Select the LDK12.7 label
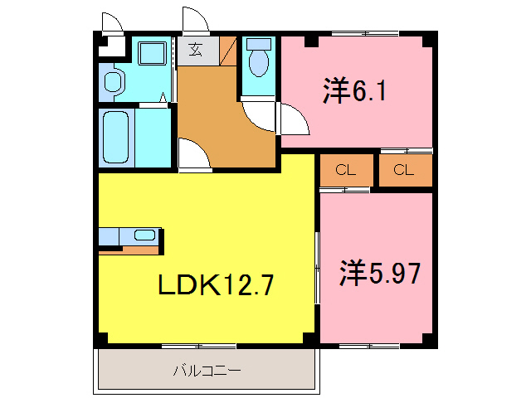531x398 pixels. [216, 286]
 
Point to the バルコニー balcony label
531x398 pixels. [207, 370]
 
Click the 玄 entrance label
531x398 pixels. [195, 49]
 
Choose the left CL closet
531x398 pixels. [346, 171]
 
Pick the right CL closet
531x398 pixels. [405, 171]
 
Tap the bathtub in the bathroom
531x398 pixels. [116, 137]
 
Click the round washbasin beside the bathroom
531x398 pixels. [113, 84]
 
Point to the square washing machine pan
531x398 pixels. [151, 54]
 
